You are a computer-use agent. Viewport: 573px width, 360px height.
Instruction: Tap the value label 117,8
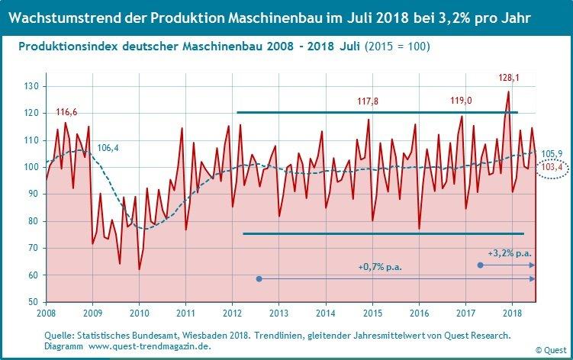[369, 101]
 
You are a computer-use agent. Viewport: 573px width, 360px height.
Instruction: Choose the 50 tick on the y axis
[34, 302]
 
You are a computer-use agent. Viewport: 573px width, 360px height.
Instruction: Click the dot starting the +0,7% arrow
[259, 279]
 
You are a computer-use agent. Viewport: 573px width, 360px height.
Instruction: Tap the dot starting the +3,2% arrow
[480, 265]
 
